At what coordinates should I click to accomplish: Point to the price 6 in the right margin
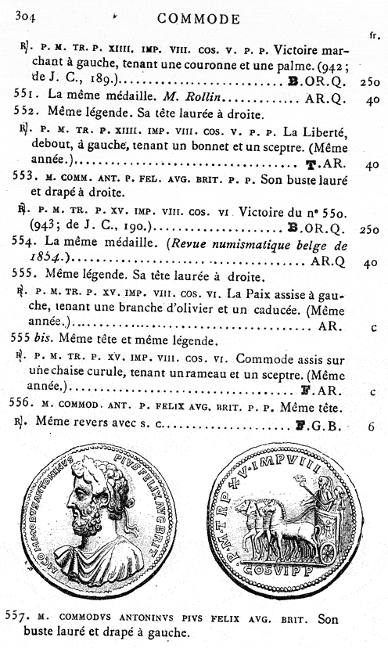(x=372, y=427)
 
